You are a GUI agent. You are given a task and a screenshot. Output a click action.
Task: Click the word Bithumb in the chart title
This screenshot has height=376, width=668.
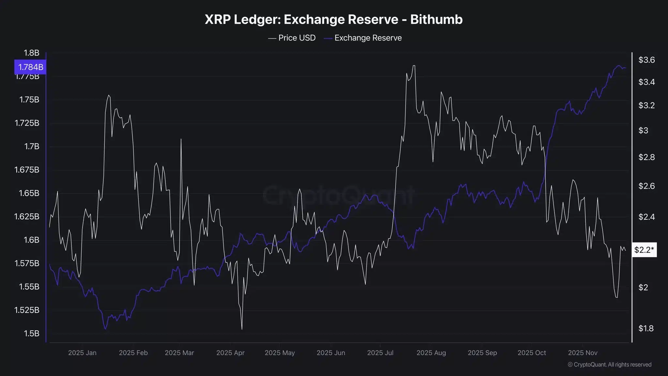pyautogui.click(x=436, y=20)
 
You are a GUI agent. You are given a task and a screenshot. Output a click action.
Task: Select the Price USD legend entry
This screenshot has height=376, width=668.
pyautogui.click(x=292, y=38)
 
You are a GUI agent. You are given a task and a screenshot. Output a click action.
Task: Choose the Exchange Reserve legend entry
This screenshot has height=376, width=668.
pyautogui.click(x=363, y=38)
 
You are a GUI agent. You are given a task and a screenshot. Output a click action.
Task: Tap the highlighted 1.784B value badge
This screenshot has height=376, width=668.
pyautogui.click(x=30, y=67)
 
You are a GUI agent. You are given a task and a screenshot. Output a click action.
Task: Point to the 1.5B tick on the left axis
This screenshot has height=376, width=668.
pyautogui.click(x=31, y=333)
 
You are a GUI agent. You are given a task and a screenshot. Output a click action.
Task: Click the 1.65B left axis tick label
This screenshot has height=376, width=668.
pyautogui.click(x=29, y=193)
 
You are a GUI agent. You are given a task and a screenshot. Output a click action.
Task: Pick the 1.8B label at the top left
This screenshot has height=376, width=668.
pyautogui.click(x=31, y=53)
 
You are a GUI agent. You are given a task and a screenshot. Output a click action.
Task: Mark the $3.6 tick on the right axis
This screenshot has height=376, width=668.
pyautogui.click(x=646, y=60)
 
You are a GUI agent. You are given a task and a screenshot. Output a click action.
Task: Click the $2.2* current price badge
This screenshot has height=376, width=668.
pyautogui.click(x=644, y=250)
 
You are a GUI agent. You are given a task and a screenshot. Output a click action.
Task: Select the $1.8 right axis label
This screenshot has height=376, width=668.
pyautogui.click(x=646, y=328)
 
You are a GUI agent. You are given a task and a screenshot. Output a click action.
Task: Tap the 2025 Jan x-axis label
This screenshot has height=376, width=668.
pyautogui.click(x=82, y=353)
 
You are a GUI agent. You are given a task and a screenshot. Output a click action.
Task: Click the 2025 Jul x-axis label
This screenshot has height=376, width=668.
pyautogui.click(x=380, y=353)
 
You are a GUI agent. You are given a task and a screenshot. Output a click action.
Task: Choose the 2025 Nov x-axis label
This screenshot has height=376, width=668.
pyautogui.click(x=583, y=353)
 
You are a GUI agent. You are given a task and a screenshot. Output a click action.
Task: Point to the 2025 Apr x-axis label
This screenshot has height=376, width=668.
pyautogui.click(x=230, y=353)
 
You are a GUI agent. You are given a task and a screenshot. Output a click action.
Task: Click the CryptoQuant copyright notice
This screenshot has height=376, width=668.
pyautogui.click(x=609, y=365)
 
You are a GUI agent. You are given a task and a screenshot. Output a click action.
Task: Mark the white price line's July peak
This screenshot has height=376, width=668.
pyautogui.click(x=414, y=66)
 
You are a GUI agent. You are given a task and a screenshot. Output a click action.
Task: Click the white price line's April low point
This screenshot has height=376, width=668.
pyautogui.click(x=242, y=329)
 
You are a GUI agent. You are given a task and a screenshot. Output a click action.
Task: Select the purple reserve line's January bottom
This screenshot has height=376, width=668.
pyautogui.click(x=105, y=329)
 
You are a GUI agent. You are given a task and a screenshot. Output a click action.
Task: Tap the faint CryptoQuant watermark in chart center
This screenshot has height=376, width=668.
pyautogui.click(x=338, y=195)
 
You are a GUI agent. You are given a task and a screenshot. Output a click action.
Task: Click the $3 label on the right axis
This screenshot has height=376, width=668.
pyautogui.click(x=643, y=131)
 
